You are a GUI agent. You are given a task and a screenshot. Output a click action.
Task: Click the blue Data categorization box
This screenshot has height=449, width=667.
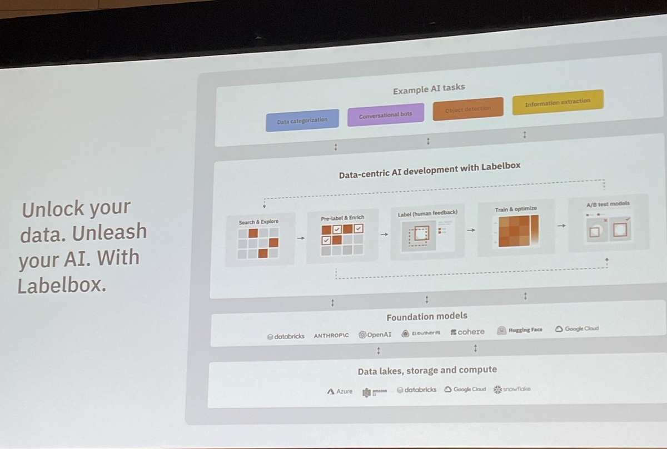click(302, 120)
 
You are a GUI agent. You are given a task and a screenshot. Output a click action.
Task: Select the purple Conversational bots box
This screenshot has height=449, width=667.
click(386, 115)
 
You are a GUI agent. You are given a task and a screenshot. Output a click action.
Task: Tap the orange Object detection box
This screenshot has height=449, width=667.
click(468, 109)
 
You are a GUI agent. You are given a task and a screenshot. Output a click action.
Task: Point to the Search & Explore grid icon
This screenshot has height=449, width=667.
click(258, 242)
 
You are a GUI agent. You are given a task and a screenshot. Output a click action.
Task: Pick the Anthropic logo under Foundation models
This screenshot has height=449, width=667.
click(331, 336)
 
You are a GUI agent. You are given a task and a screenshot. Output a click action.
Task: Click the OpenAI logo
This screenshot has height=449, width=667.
click(375, 335)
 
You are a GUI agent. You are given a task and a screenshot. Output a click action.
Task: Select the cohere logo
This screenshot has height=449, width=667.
click(467, 332)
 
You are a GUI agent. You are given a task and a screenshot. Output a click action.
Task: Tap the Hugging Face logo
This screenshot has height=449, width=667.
click(520, 330)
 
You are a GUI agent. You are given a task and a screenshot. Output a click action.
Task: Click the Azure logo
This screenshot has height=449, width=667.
click(340, 391)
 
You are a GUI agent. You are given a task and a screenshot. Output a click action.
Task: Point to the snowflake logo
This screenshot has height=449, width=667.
click(512, 389)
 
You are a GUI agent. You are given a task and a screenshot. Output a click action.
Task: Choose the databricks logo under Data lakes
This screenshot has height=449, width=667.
click(417, 390)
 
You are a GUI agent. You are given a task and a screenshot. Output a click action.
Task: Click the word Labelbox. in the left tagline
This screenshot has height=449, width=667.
click(62, 286)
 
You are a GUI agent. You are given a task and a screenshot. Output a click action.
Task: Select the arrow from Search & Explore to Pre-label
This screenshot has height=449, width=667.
click(300, 238)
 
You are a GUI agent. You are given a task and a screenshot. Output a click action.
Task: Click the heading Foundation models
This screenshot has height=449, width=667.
click(427, 317)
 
